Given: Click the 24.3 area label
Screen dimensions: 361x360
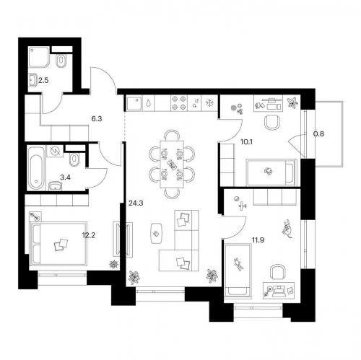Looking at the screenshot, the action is tap(136, 203).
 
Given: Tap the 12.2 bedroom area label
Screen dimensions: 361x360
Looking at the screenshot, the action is tap(89, 235).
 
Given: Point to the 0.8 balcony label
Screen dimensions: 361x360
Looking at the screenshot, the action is tap(318, 134).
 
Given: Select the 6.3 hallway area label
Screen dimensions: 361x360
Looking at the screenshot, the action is tap(97, 119).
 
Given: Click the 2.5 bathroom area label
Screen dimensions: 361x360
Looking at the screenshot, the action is tap(43, 80).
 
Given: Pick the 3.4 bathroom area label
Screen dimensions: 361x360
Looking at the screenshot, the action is tap(65, 178).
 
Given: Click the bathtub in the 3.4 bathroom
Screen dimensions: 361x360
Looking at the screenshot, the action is tap(36, 168).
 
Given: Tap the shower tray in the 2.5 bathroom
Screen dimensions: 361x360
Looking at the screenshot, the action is tap(39, 57).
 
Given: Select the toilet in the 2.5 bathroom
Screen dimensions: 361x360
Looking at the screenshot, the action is tap(61, 61).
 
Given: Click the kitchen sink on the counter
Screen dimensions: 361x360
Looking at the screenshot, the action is tap(135, 103).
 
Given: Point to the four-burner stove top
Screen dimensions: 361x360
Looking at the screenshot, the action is tap(179, 102).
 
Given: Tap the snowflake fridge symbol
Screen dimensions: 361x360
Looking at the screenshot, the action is tap(209, 103).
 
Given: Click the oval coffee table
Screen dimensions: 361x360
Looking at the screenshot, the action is tap(157, 233).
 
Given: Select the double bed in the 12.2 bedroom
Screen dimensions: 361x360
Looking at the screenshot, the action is tap(58, 243).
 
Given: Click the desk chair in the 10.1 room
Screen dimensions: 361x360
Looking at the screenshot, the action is tap(272, 122).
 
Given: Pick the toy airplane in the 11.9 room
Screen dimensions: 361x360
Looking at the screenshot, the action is tap(243, 206).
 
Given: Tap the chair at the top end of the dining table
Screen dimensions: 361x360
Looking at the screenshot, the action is tap(173, 135).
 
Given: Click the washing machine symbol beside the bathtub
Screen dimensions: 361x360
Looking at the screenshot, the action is tap(55, 151).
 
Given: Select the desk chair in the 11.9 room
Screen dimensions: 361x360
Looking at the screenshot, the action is tap(278, 273).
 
